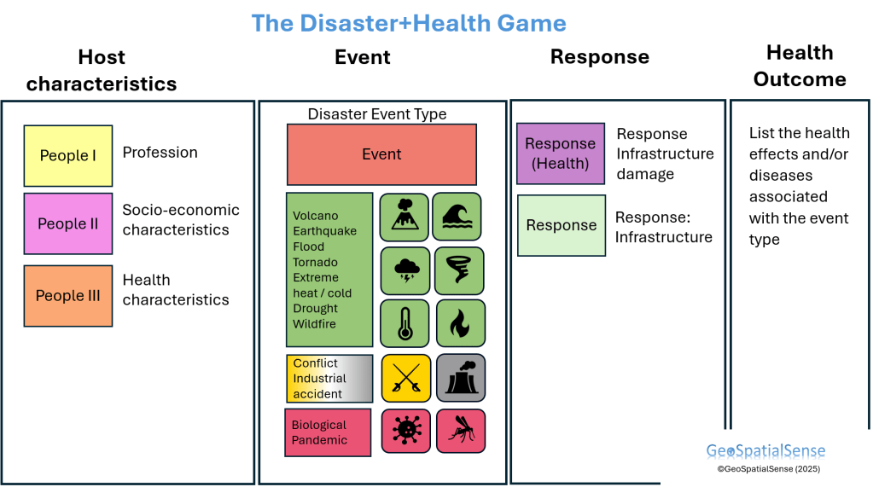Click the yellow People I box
pyautogui.click(x=68, y=156)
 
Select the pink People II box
pyautogui.click(x=68, y=224)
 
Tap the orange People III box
pyautogui.click(x=68, y=296)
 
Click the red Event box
pyautogui.click(x=381, y=154)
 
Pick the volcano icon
pyautogui.click(x=404, y=217)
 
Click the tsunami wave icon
pyautogui.click(x=457, y=217)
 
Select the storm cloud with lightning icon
pyautogui.click(x=404, y=270)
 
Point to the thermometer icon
pyautogui.click(x=404, y=323)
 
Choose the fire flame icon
pyautogui.click(x=460, y=323)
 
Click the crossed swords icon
pyautogui.click(x=405, y=378)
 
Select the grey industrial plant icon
pyautogui.click(x=461, y=378)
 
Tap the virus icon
pyautogui.click(x=405, y=431)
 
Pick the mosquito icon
pyautogui.click(x=461, y=431)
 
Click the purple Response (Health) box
pyautogui.click(x=561, y=154)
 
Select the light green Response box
pyautogui.click(x=561, y=225)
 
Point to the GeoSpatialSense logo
pyautogui.click(x=765, y=451)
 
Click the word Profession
pyautogui.click(x=160, y=153)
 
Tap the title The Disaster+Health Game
pyautogui.click(x=409, y=23)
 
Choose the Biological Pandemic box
pyautogui.click(x=328, y=432)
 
